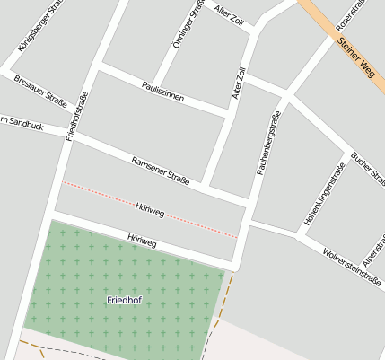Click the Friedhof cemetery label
pos(124,299)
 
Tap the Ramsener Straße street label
pos(161,171)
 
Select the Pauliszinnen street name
pos(162,91)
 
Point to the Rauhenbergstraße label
pos(268,142)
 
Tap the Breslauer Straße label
pos(40,91)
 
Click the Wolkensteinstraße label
pos(352,266)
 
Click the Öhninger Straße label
pos(188,24)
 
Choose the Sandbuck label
pos(22,123)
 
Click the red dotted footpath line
pos(99,194)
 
